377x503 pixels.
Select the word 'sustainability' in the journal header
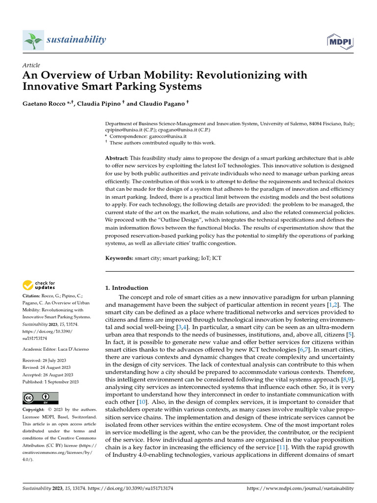pos(76,39)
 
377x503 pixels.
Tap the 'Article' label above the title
pos(31,65)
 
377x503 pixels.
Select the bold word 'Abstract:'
pos(117,158)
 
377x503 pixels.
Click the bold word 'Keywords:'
pos(120,258)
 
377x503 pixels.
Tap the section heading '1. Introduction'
pos(127,288)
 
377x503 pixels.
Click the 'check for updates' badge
pos(38,285)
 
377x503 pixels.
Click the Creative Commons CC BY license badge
pos(40,398)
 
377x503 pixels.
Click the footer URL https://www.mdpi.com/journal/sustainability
pos(299,488)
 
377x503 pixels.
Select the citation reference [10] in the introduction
pos(142,401)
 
